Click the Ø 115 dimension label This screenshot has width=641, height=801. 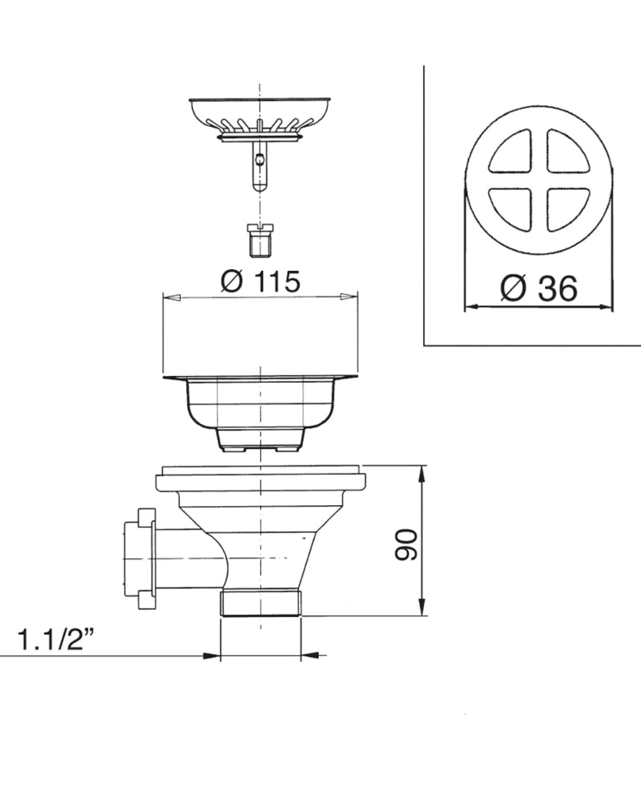click(x=260, y=281)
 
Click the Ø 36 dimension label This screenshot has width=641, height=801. click(x=539, y=288)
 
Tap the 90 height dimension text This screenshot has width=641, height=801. click(x=406, y=545)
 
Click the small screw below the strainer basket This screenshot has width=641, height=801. click(x=260, y=240)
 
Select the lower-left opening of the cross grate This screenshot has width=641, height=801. click(x=511, y=209)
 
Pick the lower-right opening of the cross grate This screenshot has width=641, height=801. click(x=568, y=209)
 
